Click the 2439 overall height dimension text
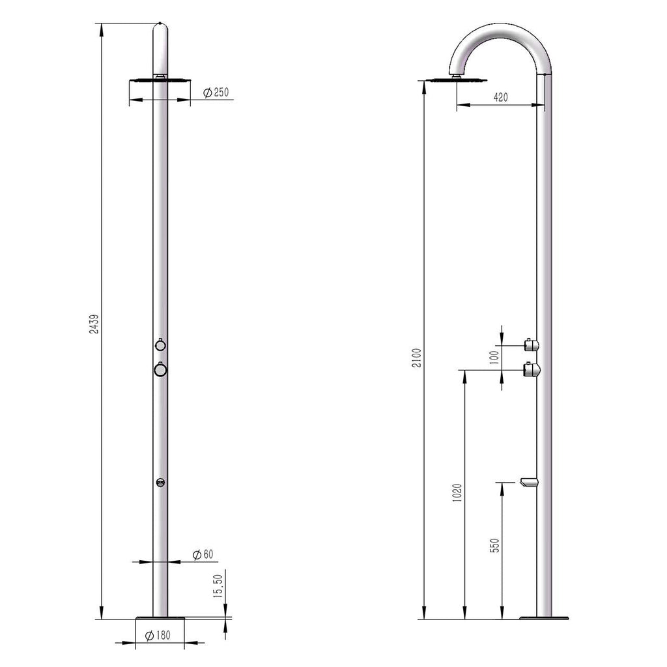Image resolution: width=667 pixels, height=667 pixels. [94, 324]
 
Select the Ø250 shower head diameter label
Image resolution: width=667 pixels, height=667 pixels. [216, 92]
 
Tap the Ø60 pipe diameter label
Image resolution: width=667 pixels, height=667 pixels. [203, 554]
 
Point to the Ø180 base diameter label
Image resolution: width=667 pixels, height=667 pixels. [158, 636]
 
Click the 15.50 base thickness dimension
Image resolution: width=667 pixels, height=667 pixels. [218, 586]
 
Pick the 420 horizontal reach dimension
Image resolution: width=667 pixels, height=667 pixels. [501, 98]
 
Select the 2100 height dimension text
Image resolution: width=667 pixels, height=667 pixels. [417, 358]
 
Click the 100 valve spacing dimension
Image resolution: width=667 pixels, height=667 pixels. [494, 358]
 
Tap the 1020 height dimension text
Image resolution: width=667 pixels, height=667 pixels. [457, 493]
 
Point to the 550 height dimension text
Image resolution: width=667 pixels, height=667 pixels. [494, 545]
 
